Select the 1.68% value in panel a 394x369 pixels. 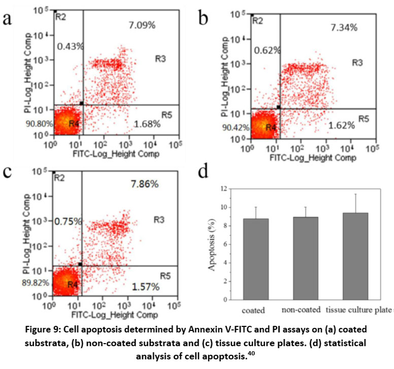[x=147, y=124]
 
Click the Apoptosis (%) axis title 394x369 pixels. [x=213, y=244]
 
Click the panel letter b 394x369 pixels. [x=203, y=19]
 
